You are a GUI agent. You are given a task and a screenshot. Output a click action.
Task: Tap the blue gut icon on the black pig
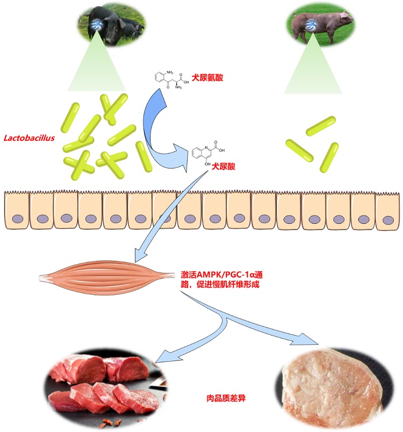point(98,24)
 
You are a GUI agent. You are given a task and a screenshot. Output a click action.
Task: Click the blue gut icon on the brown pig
point(311,24)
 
